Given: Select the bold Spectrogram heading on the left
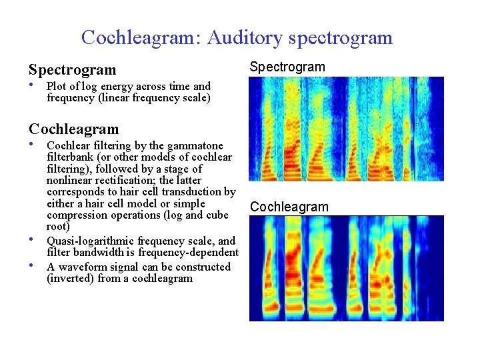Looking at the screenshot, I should [72, 69].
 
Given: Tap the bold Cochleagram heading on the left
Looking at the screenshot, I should [73, 129].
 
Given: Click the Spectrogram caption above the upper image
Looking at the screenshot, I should [287, 67].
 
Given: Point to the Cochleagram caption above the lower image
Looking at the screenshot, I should [289, 207].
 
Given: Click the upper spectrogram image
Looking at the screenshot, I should [346, 129].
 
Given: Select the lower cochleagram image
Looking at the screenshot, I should [346, 268].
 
